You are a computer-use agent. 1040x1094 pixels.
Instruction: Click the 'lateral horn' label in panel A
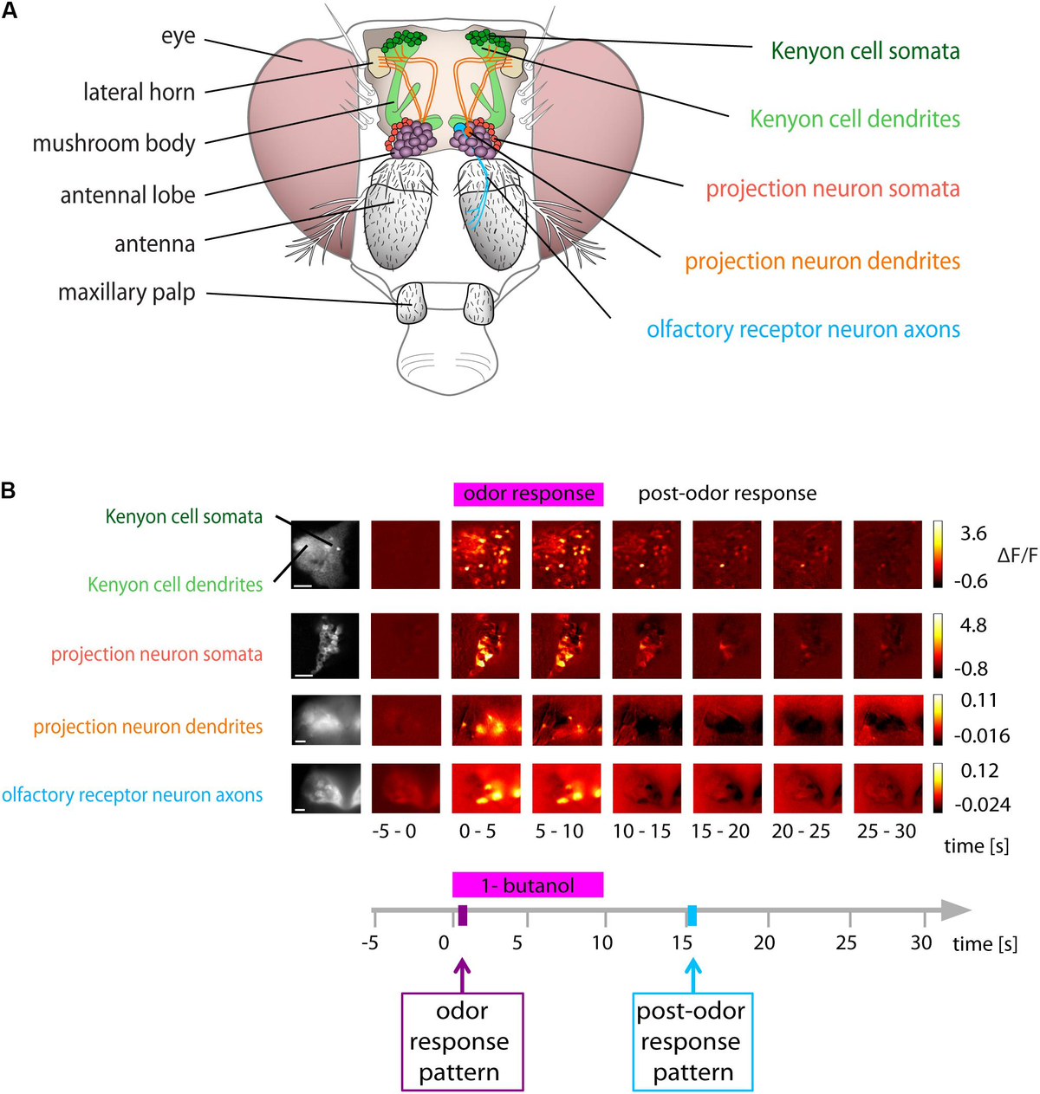pyautogui.click(x=139, y=92)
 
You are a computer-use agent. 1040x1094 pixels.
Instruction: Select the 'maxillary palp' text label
pyautogui.click(x=127, y=293)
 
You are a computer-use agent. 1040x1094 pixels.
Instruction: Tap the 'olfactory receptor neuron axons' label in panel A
pyautogui.click(x=803, y=330)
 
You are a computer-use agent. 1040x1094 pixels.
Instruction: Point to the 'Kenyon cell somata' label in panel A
pyautogui.click(x=865, y=51)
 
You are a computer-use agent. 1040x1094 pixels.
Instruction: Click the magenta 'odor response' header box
pyautogui.click(x=528, y=494)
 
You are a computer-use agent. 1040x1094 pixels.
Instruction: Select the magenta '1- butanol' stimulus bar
pyautogui.click(x=528, y=885)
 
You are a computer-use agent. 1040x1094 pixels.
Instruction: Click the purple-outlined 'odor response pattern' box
pyautogui.click(x=462, y=1042)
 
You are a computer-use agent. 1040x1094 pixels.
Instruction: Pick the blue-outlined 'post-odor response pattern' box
pyautogui.click(x=692, y=1042)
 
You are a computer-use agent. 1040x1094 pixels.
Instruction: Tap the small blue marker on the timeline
pyautogui.click(x=692, y=915)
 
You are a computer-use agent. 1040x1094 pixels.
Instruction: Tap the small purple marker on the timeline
pyautogui.click(x=463, y=915)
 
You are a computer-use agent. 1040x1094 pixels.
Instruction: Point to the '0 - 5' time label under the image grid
pyautogui.click(x=478, y=832)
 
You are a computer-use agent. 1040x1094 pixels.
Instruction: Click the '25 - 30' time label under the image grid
pyautogui.click(x=886, y=832)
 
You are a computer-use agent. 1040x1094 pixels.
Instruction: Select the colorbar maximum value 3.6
pyautogui.click(x=973, y=534)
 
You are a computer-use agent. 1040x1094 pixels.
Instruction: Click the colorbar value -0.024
pyautogui.click(x=982, y=805)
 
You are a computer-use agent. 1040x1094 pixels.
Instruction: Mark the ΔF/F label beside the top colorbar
pyautogui.click(x=1017, y=555)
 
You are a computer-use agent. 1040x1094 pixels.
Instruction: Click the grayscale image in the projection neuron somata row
pyautogui.click(x=325, y=645)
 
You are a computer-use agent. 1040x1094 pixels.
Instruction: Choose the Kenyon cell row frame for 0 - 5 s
pyautogui.click(x=485, y=555)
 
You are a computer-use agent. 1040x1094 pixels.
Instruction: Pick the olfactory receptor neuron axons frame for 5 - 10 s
pyautogui.click(x=565, y=788)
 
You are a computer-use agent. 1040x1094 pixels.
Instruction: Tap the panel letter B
pyautogui.click(x=9, y=491)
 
